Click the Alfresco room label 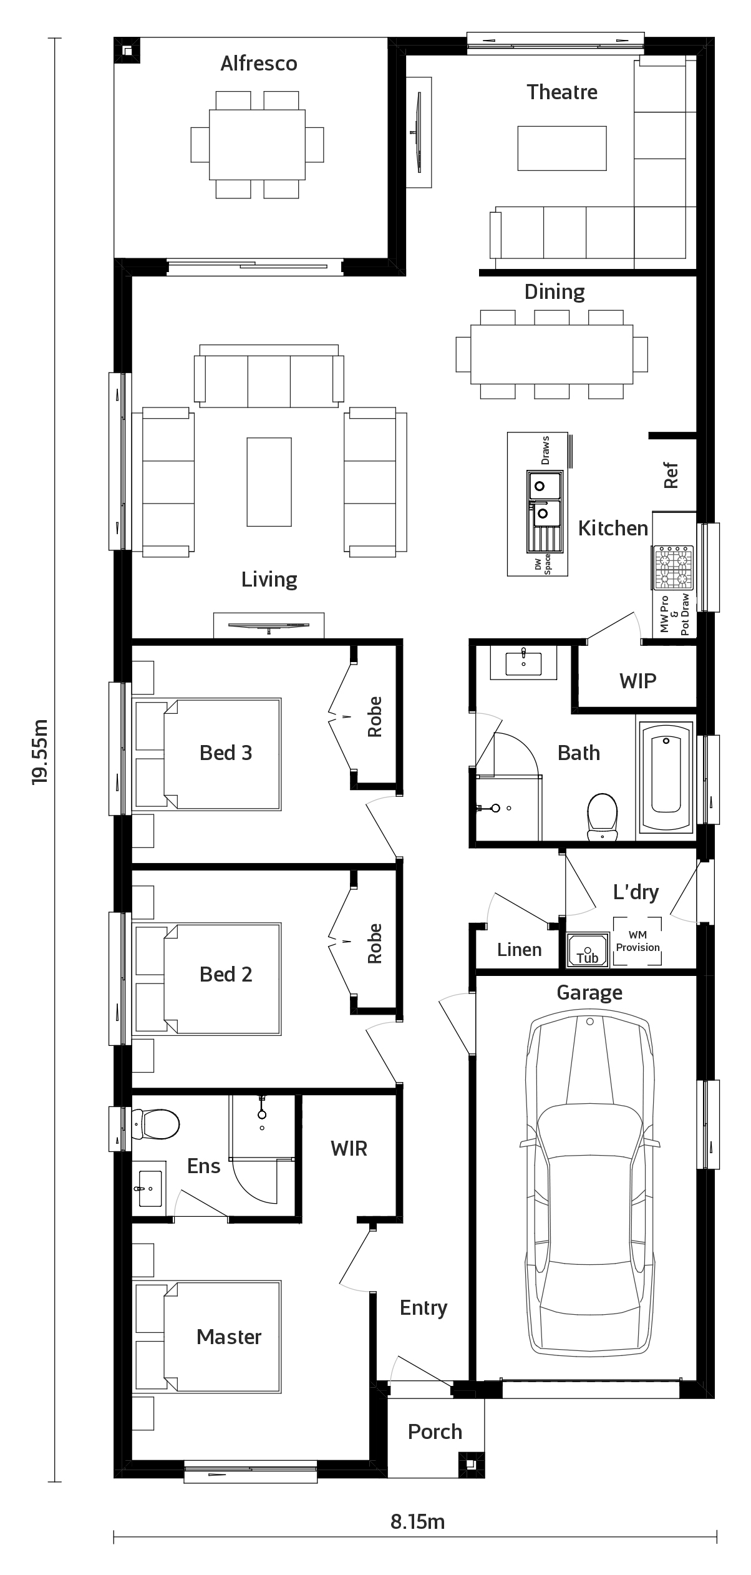tap(259, 64)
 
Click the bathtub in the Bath tap(666, 778)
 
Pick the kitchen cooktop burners tap(673, 567)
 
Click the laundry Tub tap(588, 950)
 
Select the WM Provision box tap(637, 941)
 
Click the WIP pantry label tap(638, 681)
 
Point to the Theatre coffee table tap(562, 148)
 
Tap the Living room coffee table tap(269, 482)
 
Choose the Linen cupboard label tap(520, 950)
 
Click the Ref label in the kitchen tap(671, 475)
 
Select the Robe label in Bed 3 tap(374, 717)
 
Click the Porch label tap(435, 1431)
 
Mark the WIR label tap(349, 1148)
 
